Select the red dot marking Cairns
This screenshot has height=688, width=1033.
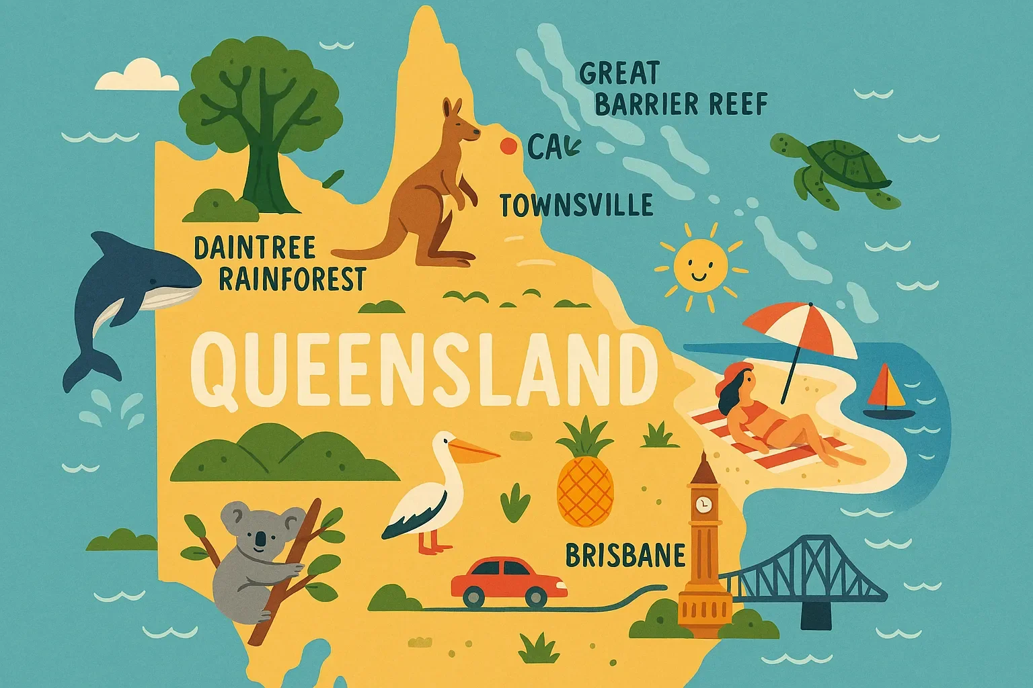(508, 146)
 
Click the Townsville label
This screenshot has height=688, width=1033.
(576, 205)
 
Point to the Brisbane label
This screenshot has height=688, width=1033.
(625, 556)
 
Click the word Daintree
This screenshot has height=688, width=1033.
(254, 248)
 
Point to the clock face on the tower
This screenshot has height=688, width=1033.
(703, 503)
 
